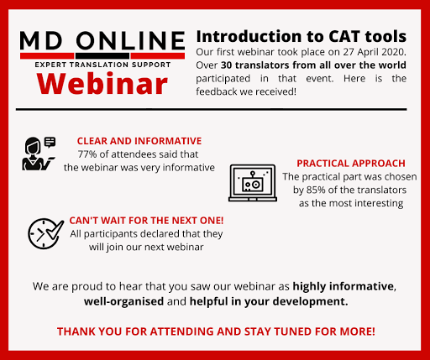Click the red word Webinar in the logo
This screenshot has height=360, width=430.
[x=102, y=83]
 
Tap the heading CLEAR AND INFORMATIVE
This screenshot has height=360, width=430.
[x=139, y=141]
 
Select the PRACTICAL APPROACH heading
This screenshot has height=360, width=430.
[x=351, y=164]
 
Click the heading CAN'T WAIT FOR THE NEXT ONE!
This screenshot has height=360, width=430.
[x=146, y=221]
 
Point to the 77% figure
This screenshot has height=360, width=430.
[x=86, y=154]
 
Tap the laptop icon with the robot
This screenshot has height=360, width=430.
[x=253, y=183]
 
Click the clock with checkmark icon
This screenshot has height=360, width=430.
[x=45, y=233]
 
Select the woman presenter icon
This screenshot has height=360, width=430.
[x=36, y=154]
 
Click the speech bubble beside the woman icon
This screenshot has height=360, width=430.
[x=50, y=142]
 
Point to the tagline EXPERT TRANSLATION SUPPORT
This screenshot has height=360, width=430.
[x=102, y=65]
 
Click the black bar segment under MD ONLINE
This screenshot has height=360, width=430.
[x=102, y=56]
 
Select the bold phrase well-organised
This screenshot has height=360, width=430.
[x=123, y=301]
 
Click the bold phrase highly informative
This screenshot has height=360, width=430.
[x=343, y=286]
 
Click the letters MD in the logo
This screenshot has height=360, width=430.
[x=41, y=41]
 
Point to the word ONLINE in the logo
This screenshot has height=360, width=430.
[x=130, y=41]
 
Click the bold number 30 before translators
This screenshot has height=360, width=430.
[x=226, y=65]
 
